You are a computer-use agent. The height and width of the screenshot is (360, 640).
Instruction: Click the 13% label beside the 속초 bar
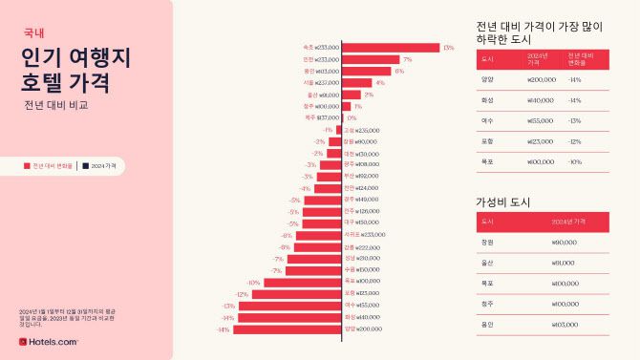point(448,47)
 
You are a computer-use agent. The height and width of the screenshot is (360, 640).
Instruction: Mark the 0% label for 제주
point(352,118)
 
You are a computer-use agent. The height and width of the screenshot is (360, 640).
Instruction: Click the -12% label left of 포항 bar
point(243,293)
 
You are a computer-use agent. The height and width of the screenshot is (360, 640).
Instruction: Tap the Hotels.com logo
point(48,341)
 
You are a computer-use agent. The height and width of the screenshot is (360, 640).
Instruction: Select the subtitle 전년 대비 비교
point(56,105)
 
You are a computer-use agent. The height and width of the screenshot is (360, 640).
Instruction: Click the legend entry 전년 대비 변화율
point(48,165)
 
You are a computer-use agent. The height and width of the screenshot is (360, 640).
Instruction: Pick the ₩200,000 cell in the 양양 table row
point(541,79)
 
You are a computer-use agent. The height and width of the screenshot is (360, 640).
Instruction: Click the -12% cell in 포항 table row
point(574,141)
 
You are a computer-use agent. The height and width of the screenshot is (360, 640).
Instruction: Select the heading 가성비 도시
point(502,202)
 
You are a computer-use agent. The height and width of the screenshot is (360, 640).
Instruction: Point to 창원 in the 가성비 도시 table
point(487,243)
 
